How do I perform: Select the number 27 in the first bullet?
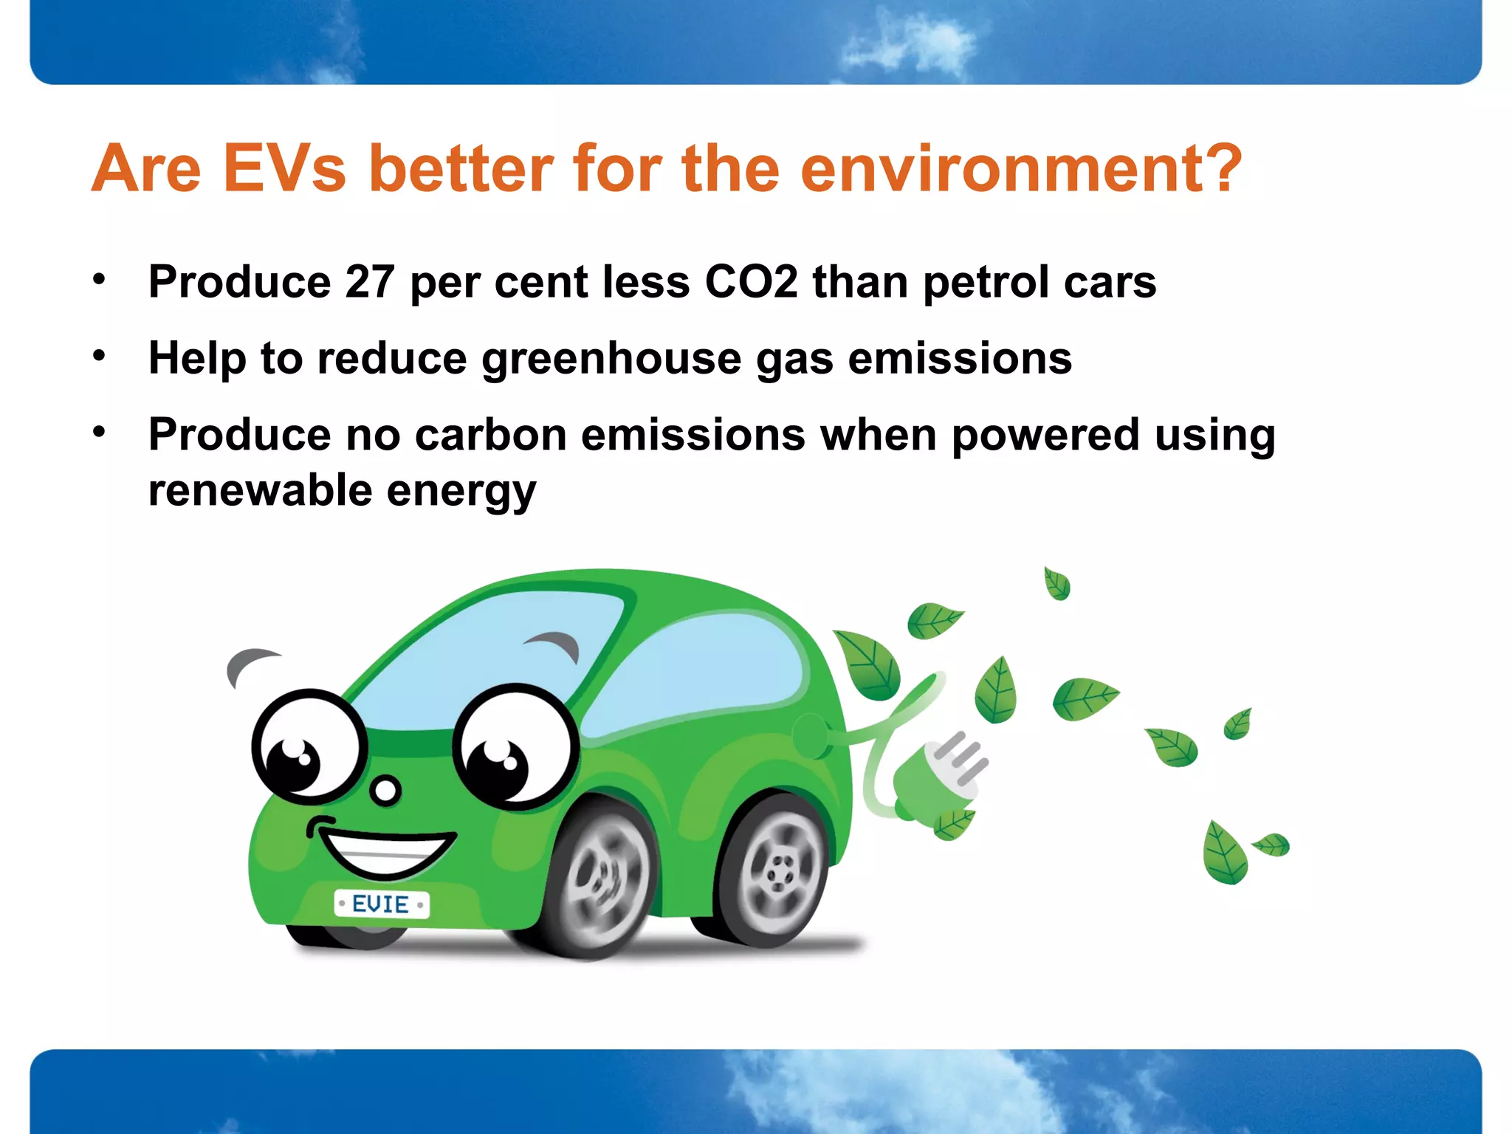(x=369, y=282)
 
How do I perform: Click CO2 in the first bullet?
(x=751, y=282)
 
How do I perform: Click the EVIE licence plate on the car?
(x=381, y=904)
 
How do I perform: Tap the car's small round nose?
(x=385, y=791)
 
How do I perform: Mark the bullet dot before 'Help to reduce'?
(x=100, y=357)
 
